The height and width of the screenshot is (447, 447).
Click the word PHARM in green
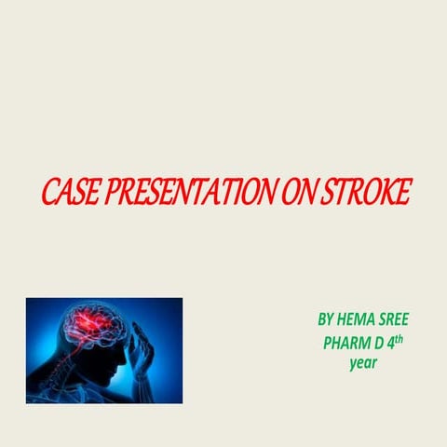pyautogui.click(x=344, y=342)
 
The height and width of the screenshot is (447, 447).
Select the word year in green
pyautogui.click(x=362, y=362)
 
